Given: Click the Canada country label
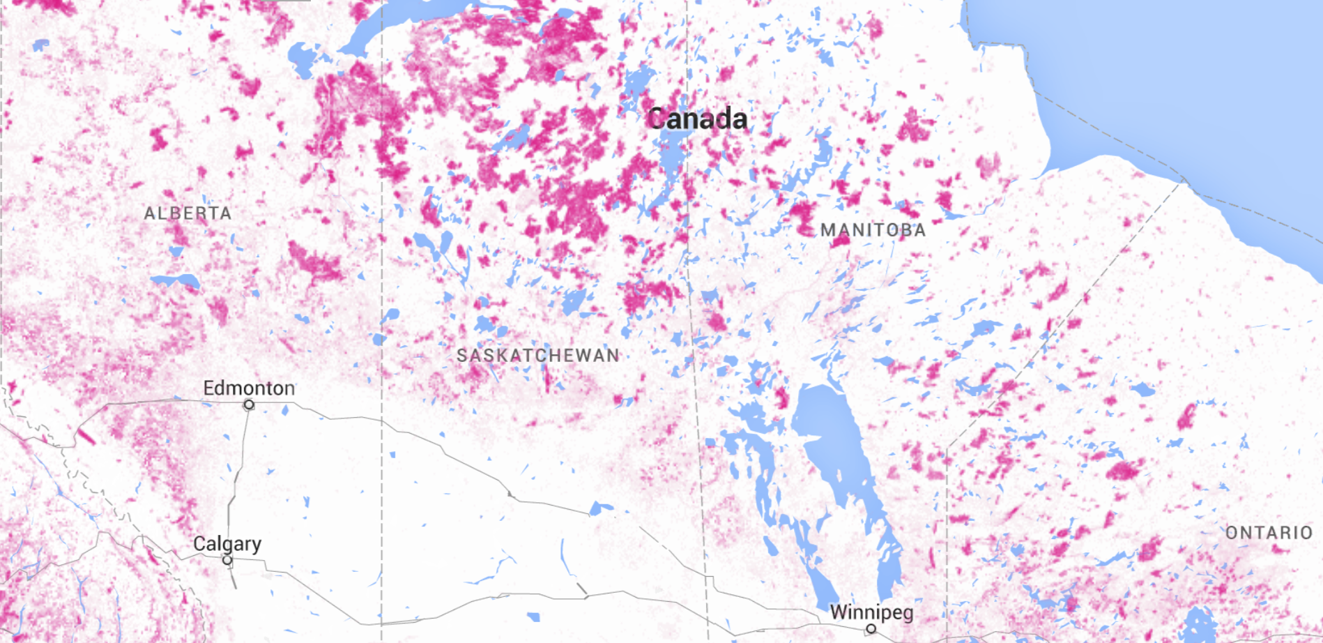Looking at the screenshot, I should click(x=696, y=119).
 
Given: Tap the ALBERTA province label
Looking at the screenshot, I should click(x=188, y=213).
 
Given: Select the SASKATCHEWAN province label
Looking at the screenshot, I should click(x=537, y=355).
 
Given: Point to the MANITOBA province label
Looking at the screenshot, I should click(x=873, y=230).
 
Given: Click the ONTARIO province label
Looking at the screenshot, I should click(x=1269, y=533).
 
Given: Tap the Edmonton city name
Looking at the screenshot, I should click(x=249, y=388).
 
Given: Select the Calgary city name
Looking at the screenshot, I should click(x=227, y=543).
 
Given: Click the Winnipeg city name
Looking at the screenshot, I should click(x=871, y=612).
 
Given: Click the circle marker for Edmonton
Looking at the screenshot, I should click(x=249, y=405).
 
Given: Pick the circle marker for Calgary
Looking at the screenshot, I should click(x=227, y=560).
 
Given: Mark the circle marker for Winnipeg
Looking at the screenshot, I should click(x=871, y=629).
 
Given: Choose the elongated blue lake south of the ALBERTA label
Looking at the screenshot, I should click(x=176, y=281).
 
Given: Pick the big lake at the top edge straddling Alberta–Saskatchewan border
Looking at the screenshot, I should click(x=362, y=35).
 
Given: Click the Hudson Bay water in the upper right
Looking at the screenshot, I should click(x=1185, y=70).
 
